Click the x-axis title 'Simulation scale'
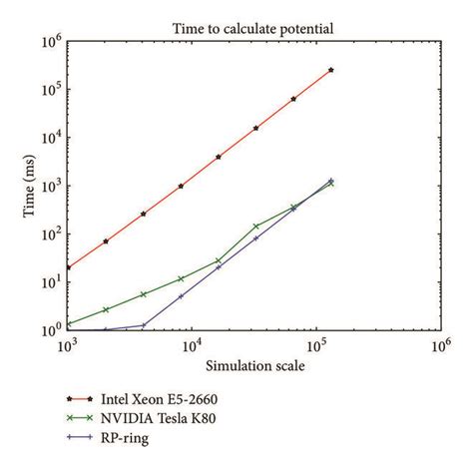pos(252,364)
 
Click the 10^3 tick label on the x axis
pos(67,345)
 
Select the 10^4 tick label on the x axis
pos(191,345)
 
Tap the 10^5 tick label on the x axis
pos(314,345)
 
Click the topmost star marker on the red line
pos(330,70)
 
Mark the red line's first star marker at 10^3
pos(67,267)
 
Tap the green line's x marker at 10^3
pos(67,323)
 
